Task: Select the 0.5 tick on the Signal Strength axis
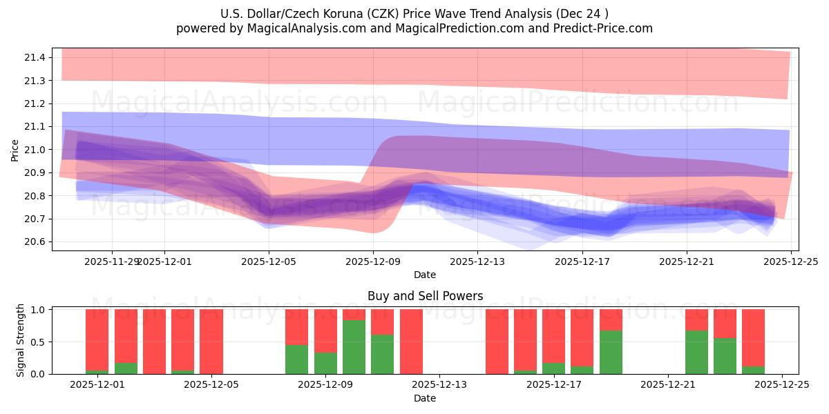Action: pos(36,342)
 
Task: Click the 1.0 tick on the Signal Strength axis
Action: pos(36,310)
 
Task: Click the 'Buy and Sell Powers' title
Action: pos(425,296)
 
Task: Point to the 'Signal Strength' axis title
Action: pos(21,340)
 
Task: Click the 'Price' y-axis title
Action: pos(15,150)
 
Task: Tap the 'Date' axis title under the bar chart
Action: pos(425,398)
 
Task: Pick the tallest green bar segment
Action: pos(354,346)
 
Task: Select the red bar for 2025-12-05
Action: pos(211,342)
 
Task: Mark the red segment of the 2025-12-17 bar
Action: pos(553,335)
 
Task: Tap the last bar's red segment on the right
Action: pos(753,337)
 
